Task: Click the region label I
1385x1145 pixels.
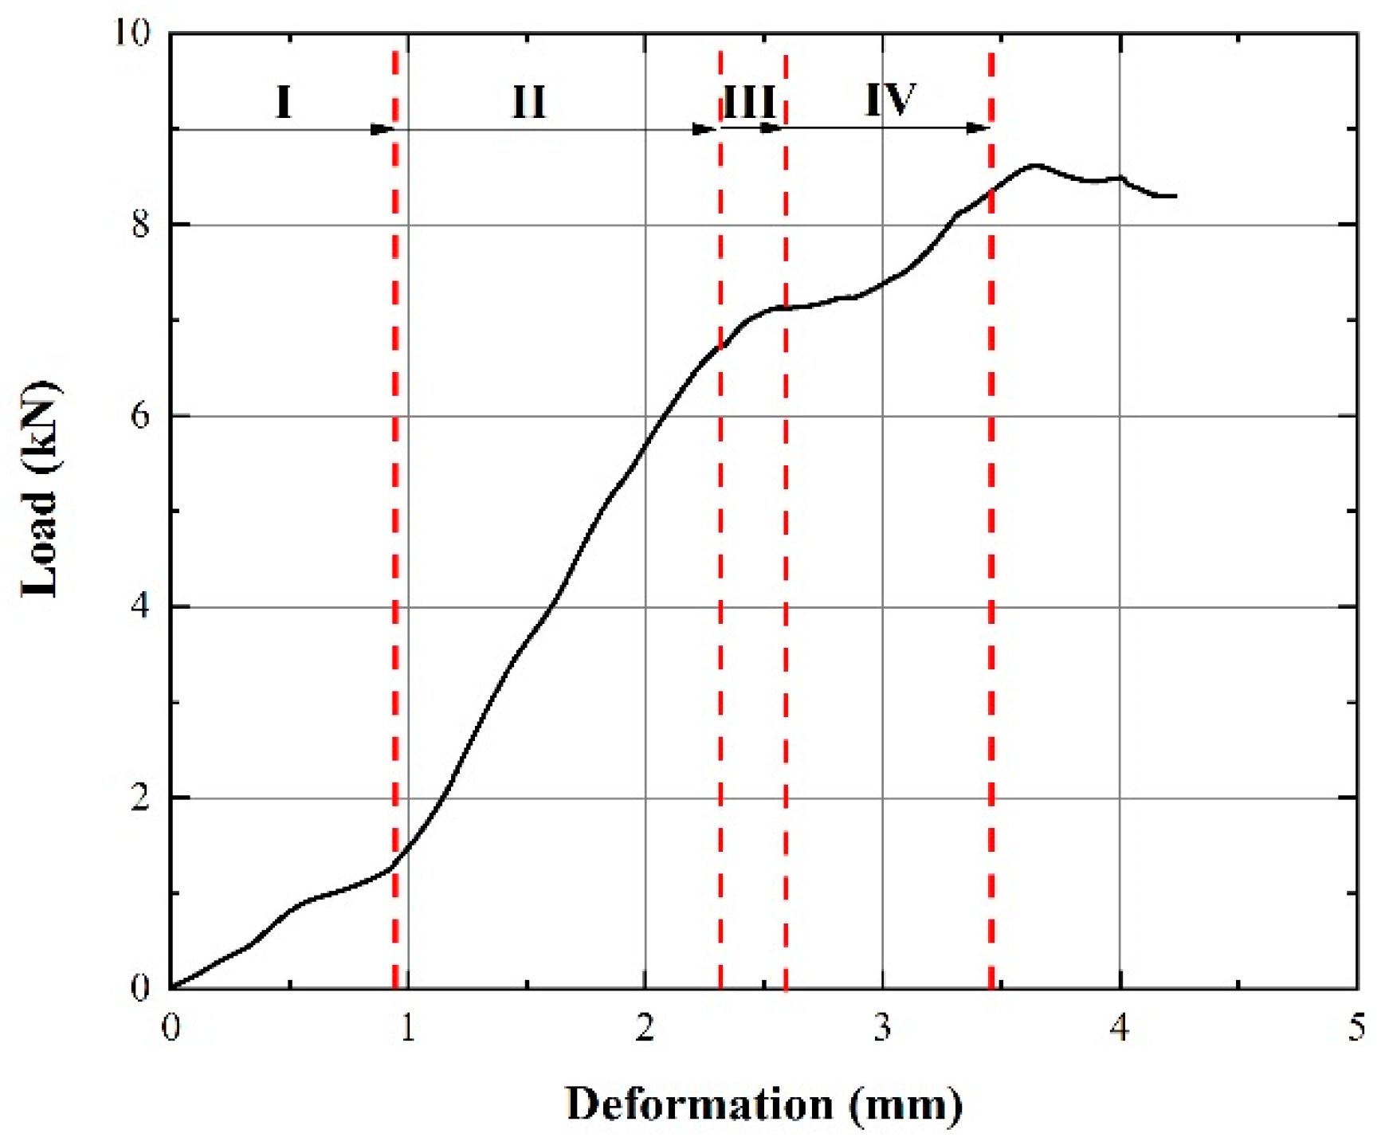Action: pyautogui.click(x=284, y=102)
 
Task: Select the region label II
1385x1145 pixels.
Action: pyautogui.click(x=528, y=102)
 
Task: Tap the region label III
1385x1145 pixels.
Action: pyautogui.click(x=749, y=102)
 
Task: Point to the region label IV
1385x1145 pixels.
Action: pyautogui.click(x=891, y=100)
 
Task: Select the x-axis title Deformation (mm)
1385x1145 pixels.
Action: pyautogui.click(x=763, y=1105)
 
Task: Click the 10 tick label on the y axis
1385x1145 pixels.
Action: pyautogui.click(x=131, y=33)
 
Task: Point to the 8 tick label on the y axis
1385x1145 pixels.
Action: pyautogui.click(x=140, y=225)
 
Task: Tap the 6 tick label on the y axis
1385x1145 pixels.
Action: pyautogui.click(x=140, y=416)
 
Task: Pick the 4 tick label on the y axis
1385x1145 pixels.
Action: pyautogui.click(x=140, y=607)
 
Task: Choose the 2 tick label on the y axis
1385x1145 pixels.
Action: pyautogui.click(x=140, y=798)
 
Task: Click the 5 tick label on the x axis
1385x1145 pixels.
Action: pyautogui.click(x=1356, y=1028)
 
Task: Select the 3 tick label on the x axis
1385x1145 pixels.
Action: pyautogui.click(x=881, y=1028)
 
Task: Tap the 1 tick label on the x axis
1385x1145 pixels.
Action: pyautogui.click(x=407, y=1028)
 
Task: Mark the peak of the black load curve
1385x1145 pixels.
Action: pyautogui.click(x=1034, y=165)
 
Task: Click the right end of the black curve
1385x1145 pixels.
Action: pyautogui.click(x=1175, y=196)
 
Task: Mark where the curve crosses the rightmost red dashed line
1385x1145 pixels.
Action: pyautogui.click(x=991, y=190)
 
